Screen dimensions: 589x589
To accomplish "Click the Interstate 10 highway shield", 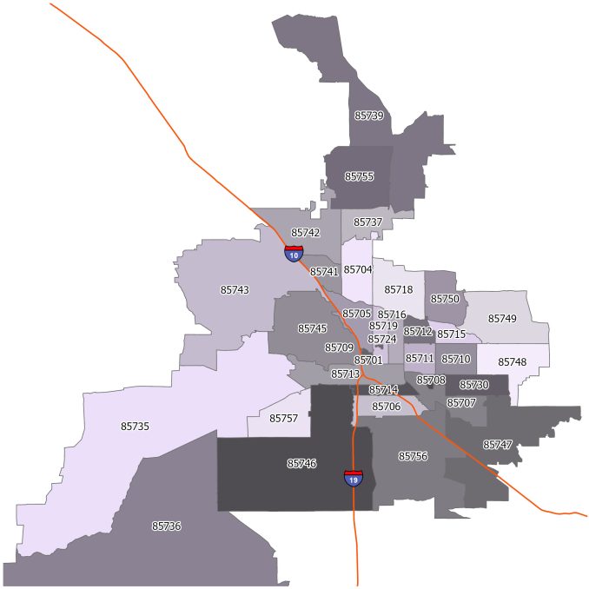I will point(294,254).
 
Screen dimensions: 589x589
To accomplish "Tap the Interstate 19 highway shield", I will point(353,477).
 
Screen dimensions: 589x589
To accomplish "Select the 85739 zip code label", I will point(369,115).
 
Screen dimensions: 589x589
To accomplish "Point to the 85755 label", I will point(359,176).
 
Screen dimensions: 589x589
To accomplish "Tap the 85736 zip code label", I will point(166,526).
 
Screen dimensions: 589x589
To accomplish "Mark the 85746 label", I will point(301,464).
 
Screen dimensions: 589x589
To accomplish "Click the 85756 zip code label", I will point(413,456).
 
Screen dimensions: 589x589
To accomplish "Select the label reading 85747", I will point(498,445).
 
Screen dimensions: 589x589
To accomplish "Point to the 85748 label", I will point(513,361).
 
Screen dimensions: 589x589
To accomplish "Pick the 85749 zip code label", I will point(502,319).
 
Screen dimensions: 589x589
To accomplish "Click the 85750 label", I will point(445,299).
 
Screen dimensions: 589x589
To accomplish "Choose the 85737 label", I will point(368,222).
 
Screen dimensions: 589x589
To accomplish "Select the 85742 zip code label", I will point(306,233).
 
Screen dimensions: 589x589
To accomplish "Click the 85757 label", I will point(283,419).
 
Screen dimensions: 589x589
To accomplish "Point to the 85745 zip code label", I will point(312,328).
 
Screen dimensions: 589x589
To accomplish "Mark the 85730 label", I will point(474,385).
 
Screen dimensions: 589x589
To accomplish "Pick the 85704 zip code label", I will point(357,270).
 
